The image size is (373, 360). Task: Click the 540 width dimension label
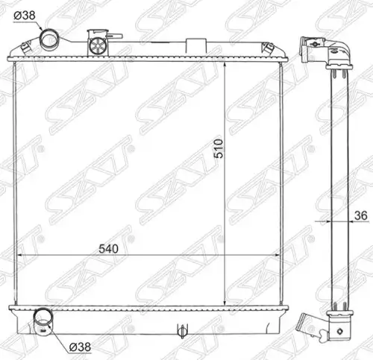[x=108, y=249]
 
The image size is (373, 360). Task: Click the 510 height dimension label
[x=219, y=148]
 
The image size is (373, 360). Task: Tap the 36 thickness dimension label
[x=361, y=215]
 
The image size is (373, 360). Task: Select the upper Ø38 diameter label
[x=25, y=16]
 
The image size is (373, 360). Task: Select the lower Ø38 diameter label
[x=80, y=347]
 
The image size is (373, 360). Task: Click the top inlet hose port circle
[x=49, y=39]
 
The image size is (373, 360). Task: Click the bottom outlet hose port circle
[x=43, y=318]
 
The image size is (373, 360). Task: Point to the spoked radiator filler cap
[x=98, y=46]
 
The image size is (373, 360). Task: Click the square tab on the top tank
[x=196, y=45]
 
